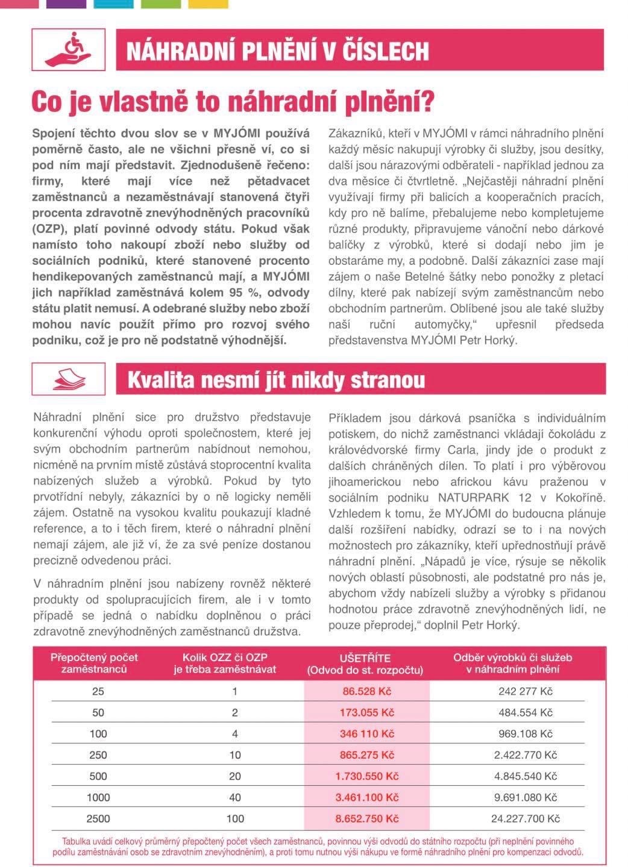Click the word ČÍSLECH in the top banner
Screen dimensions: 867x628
coord(383,52)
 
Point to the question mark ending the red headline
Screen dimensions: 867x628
coord(427,102)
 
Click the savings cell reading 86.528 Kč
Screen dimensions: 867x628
coord(366,691)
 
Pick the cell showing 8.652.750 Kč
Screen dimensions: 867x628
coord(366,818)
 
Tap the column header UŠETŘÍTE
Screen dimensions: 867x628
coord(365,657)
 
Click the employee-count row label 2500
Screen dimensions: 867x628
coord(98,818)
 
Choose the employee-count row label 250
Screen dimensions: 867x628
coord(98,755)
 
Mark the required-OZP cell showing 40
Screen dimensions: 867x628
coord(234,797)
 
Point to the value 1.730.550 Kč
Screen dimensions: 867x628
coord(366,776)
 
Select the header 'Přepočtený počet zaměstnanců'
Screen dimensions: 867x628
coord(94,663)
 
